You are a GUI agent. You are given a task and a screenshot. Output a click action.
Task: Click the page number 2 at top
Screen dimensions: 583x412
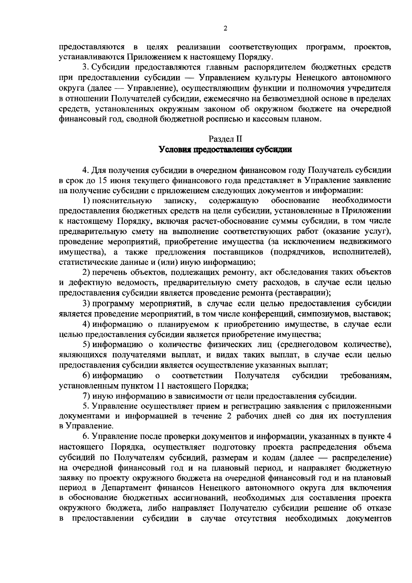[225, 29]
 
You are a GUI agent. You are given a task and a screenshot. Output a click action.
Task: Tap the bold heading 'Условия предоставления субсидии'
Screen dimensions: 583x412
[225, 150]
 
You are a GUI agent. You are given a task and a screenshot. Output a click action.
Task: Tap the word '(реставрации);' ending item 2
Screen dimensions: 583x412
[302, 293]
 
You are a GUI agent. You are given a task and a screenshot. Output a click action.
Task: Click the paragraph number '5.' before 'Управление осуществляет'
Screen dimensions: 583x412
[85, 406]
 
